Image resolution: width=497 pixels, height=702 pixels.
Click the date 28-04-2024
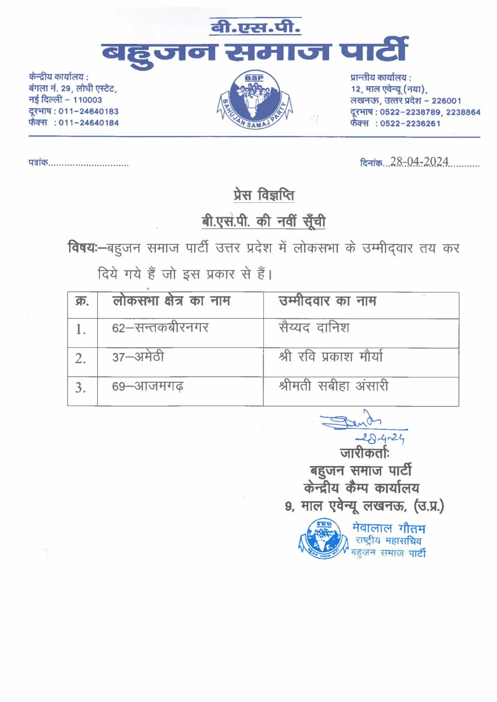(419, 162)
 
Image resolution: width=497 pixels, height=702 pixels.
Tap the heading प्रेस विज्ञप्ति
(264, 196)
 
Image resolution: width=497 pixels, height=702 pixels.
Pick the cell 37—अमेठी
(138, 358)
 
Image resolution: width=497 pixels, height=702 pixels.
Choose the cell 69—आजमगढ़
(148, 387)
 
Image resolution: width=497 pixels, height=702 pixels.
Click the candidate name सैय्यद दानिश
(314, 328)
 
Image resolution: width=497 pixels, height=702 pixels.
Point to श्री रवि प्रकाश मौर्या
(331, 357)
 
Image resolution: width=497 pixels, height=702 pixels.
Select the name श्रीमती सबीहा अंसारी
(334, 387)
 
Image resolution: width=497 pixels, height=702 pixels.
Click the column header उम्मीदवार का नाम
(327, 301)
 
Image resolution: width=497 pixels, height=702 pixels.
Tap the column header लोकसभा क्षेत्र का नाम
(171, 301)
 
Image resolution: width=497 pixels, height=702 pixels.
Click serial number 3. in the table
(81, 388)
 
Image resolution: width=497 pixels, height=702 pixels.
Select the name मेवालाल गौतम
(388, 528)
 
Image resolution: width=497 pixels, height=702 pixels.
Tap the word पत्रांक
(39, 163)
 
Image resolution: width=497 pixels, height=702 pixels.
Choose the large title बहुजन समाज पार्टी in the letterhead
(255, 51)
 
